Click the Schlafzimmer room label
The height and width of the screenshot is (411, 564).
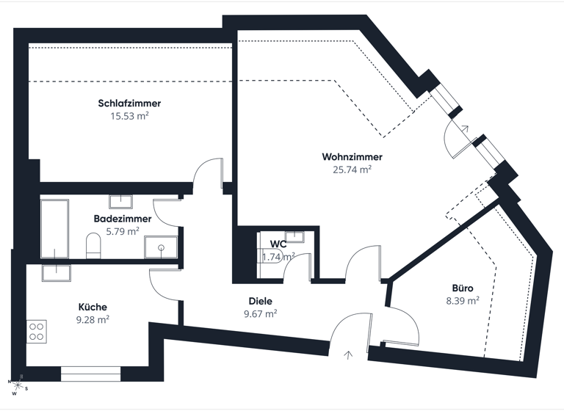point(129,103)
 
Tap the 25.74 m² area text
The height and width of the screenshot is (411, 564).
point(352,169)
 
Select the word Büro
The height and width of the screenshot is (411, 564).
point(463,288)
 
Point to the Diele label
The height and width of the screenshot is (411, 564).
point(260,301)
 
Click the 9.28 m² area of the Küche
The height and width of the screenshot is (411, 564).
point(93,319)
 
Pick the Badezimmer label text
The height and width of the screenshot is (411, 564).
point(123,219)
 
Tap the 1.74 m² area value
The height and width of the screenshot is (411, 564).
point(278,257)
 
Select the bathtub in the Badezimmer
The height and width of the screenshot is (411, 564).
point(54,228)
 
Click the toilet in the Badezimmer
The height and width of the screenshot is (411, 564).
point(93,246)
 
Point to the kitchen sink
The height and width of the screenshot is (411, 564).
point(57,272)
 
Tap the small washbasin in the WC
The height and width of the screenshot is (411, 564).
point(295,236)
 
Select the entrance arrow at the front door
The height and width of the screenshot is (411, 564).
point(347,355)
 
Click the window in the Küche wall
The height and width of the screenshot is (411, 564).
point(90,374)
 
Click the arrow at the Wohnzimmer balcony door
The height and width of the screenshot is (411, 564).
point(464,128)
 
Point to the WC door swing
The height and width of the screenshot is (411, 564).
point(297,268)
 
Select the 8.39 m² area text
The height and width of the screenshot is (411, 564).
point(463,301)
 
